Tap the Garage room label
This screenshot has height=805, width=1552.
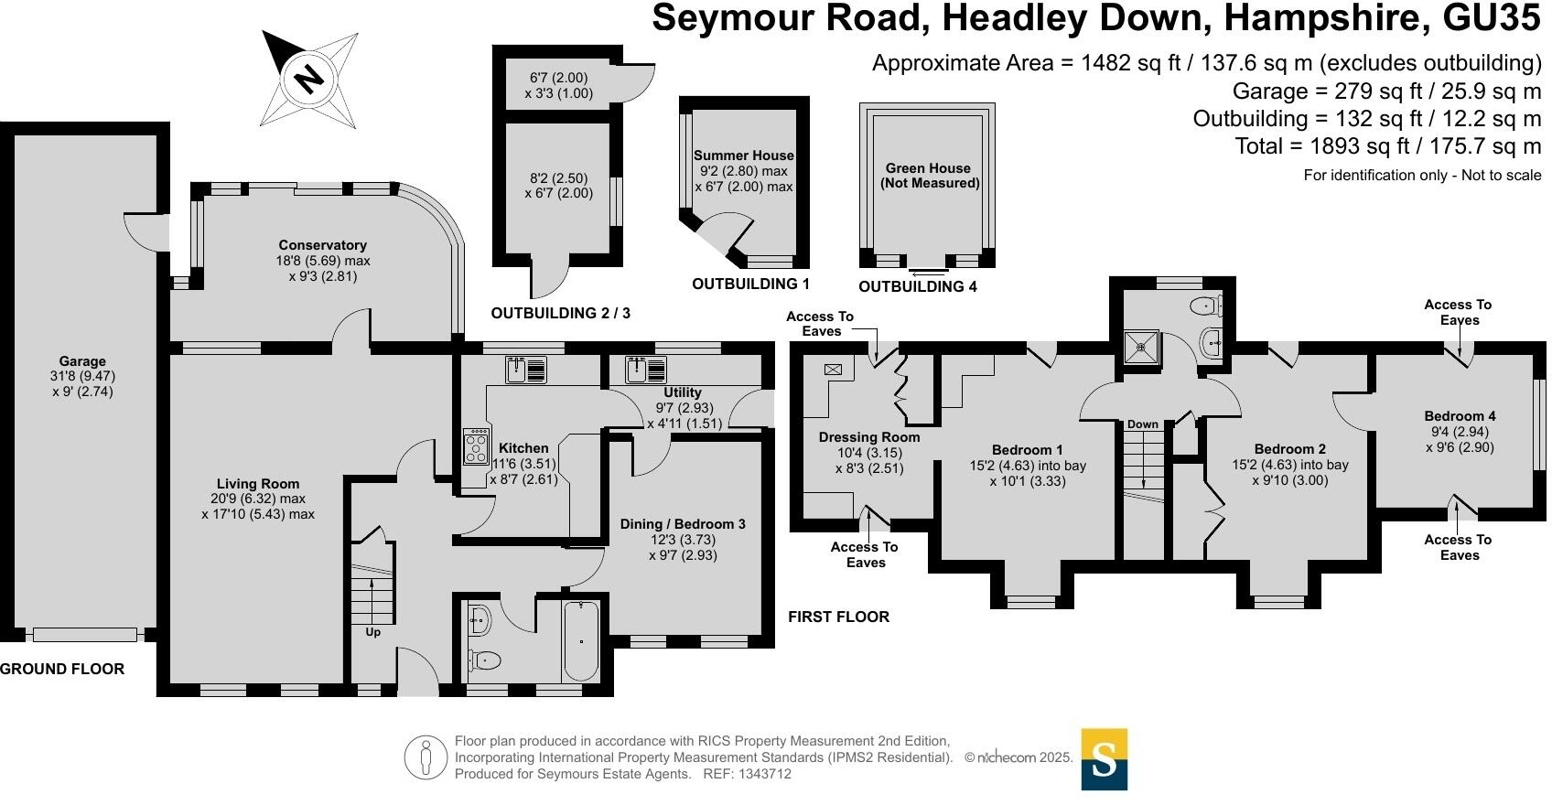click(82, 361)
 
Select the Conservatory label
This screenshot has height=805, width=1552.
click(323, 245)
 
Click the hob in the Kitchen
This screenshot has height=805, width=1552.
click(476, 446)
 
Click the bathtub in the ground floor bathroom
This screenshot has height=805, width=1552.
click(580, 640)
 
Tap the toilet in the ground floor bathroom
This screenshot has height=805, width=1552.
click(485, 659)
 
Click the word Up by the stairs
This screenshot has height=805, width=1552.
click(373, 632)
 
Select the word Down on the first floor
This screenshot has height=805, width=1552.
click(1142, 424)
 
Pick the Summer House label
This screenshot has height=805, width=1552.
click(743, 156)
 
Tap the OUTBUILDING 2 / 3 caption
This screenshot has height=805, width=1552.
click(560, 313)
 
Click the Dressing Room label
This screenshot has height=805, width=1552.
click(869, 437)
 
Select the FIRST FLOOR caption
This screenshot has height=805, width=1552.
click(838, 617)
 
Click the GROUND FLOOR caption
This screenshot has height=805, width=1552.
click(62, 669)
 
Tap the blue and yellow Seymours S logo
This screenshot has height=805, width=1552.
click(1104, 759)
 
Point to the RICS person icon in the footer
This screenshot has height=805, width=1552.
click(426, 757)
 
